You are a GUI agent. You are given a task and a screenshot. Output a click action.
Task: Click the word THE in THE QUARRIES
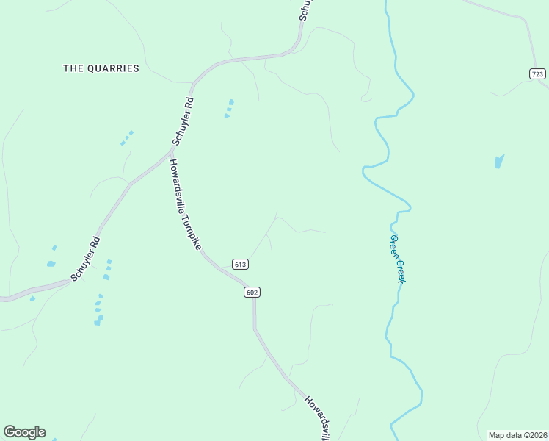(x=73, y=68)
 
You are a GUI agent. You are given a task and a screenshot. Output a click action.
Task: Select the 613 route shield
(x=240, y=264)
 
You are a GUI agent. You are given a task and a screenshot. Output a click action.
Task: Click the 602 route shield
(x=252, y=292)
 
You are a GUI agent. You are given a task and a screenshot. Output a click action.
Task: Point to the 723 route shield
(x=537, y=73)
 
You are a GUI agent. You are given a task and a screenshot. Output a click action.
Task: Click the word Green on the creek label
(x=394, y=246)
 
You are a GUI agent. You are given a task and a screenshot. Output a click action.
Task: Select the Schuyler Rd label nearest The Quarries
(x=183, y=122)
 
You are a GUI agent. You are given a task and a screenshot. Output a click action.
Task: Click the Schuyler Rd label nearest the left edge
(x=85, y=258)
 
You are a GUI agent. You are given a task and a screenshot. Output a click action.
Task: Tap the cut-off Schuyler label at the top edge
(x=307, y=10)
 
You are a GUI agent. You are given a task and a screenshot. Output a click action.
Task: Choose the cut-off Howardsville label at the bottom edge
(x=319, y=419)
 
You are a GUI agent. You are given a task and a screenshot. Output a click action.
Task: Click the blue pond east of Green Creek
(x=499, y=161)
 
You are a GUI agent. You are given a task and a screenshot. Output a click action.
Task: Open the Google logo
(x=24, y=432)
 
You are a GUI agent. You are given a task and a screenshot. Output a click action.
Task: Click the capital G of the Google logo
(x=10, y=431)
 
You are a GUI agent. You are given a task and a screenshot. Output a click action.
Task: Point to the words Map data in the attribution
(x=504, y=434)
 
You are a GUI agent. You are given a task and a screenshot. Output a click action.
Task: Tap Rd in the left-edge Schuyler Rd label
(x=95, y=243)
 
